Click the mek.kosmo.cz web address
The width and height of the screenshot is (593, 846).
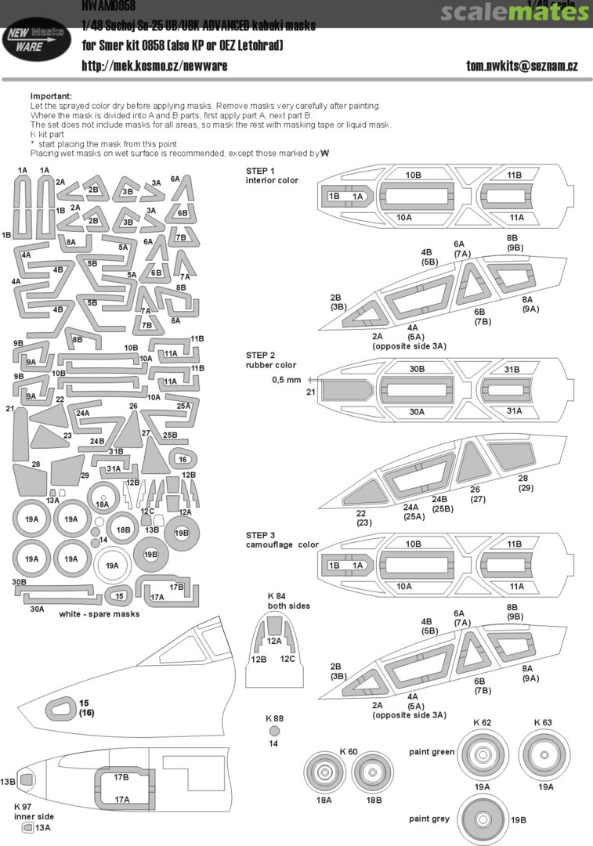pos(154,66)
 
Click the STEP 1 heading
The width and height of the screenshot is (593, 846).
pos(261,171)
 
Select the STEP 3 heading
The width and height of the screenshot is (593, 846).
pos(261,535)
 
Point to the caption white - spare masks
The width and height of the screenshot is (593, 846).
pos(99,614)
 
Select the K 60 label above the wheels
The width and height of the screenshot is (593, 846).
pos(349,751)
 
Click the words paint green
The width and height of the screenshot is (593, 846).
pos(431,752)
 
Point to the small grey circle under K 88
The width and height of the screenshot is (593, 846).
pos(273,730)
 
